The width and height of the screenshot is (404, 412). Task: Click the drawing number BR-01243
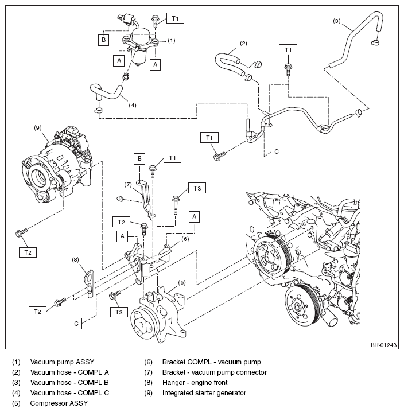click(383, 345)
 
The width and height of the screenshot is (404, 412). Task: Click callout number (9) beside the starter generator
click(38, 128)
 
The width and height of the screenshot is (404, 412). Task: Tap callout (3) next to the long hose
click(337, 21)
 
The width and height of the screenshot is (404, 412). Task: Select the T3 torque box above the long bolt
click(197, 188)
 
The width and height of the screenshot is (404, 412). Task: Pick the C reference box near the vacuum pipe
click(276, 151)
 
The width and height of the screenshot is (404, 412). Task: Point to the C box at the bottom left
click(76, 323)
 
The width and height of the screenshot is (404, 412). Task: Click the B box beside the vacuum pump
click(103, 40)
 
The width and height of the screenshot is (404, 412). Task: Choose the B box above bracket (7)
click(139, 158)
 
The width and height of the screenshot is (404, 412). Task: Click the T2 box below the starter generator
click(28, 252)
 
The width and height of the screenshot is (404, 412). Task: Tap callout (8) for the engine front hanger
click(75, 259)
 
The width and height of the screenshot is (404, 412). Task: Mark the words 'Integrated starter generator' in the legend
click(204, 393)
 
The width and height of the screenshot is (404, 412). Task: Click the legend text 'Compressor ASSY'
click(59, 403)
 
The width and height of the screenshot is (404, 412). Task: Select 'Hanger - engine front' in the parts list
click(195, 383)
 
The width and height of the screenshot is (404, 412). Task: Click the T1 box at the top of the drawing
click(175, 18)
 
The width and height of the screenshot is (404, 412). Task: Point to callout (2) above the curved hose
click(244, 44)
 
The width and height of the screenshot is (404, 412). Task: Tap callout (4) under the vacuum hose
click(133, 105)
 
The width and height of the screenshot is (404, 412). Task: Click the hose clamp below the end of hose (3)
click(376, 42)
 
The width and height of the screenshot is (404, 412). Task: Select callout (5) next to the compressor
click(182, 282)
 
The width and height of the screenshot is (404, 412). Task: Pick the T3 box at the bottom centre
click(119, 312)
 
